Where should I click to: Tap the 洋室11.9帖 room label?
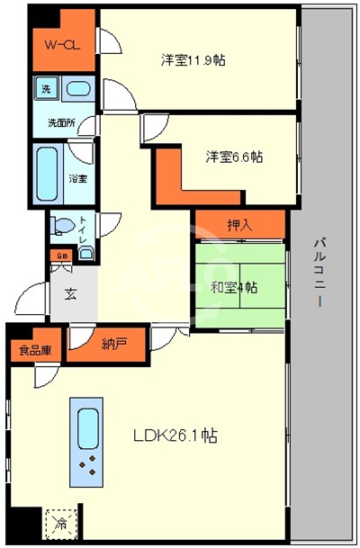coord(193,61)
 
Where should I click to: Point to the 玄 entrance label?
coord(70,294)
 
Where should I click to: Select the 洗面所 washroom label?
coord(61,122)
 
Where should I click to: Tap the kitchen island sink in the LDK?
coord(88,426)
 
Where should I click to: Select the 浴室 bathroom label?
coord(78,178)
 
